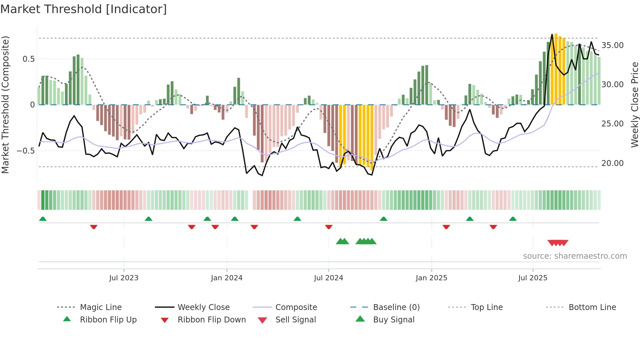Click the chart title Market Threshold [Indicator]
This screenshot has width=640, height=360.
(84, 9)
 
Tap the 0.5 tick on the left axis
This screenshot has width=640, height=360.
(28, 59)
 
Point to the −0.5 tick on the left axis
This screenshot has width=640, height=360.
(26, 151)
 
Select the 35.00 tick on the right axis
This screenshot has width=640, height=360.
(612, 45)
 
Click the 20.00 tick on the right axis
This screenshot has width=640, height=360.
(612, 163)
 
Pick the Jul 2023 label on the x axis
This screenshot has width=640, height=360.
(124, 278)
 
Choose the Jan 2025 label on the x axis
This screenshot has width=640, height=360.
(431, 278)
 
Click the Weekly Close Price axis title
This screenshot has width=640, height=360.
(634, 105)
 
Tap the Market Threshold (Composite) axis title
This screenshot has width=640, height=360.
(5, 105)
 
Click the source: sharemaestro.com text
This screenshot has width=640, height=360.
(575, 256)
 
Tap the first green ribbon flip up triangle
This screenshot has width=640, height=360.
(43, 219)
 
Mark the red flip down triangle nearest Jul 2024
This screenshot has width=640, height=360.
(329, 227)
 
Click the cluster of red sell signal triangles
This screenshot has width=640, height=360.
(558, 243)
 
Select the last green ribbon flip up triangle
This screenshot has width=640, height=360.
(513, 219)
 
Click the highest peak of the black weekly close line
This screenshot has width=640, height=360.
(552, 34)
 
